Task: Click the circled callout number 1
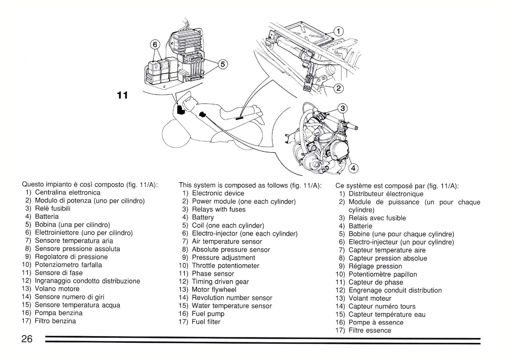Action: point(339,31)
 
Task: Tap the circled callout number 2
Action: point(339,88)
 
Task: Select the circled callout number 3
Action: point(342,108)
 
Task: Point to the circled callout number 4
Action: point(353,168)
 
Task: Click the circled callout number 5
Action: point(222,64)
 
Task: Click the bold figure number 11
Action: point(122,95)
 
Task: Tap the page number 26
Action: point(27,339)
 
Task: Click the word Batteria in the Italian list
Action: point(47,216)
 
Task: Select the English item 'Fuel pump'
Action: point(208,314)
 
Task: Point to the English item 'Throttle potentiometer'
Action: point(225,266)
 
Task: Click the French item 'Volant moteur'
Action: point(370,298)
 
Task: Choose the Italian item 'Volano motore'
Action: point(57,289)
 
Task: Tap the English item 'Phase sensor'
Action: point(213,274)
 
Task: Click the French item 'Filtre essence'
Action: point(370,330)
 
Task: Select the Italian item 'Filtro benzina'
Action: point(55,321)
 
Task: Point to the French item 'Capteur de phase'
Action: point(376,282)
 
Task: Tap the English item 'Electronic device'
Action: point(218,193)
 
